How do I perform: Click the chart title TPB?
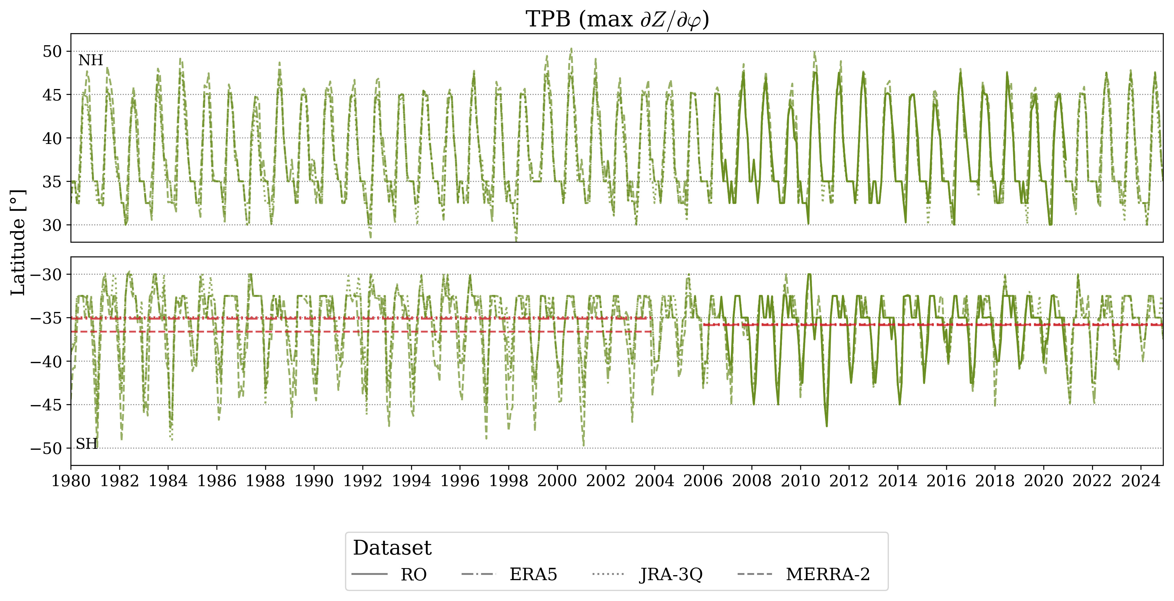(x=617, y=20)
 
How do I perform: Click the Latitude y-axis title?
(x=18, y=243)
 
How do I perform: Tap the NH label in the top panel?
(x=91, y=60)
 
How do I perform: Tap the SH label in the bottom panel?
(x=87, y=444)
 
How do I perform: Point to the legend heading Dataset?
(x=392, y=548)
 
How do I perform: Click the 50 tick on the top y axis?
(x=52, y=51)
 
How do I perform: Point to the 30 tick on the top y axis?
(x=52, y=225)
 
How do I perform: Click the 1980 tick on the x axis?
(x=71, y=481)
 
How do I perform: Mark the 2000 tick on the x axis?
(x=557, y=481)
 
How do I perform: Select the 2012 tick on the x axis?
(x=849, y=481)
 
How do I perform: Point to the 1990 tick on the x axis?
(x=314, y=481)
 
